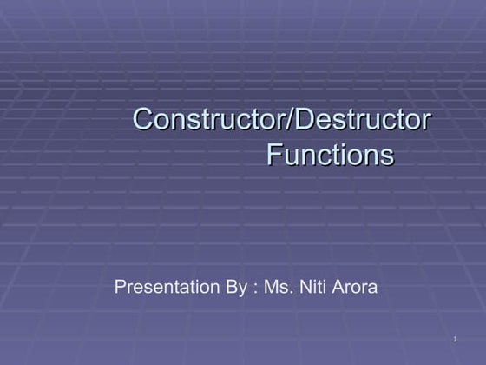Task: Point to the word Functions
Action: point(330,156)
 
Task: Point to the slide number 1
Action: point(455,338)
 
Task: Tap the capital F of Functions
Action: point(273,156)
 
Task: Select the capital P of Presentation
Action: point(120,287)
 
